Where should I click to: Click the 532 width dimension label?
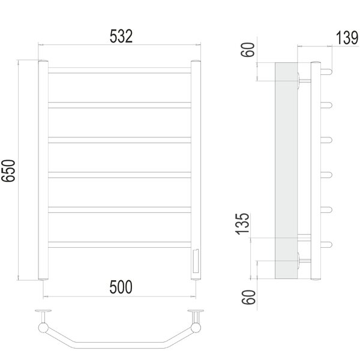(x=121, y=36)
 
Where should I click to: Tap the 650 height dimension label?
(x=8, y=170)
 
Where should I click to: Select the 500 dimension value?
(x=121, y=287)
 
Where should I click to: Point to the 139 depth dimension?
(x=347, y=38)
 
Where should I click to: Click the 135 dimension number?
(x=242, y=224)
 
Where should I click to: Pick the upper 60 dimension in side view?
(x=248, y=50)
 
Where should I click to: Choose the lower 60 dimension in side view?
(x=248, y=298)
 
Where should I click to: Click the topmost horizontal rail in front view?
(x=119, y=70)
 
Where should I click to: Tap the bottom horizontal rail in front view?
(x=119, y=245)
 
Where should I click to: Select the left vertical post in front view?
(x=43, y=170)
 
